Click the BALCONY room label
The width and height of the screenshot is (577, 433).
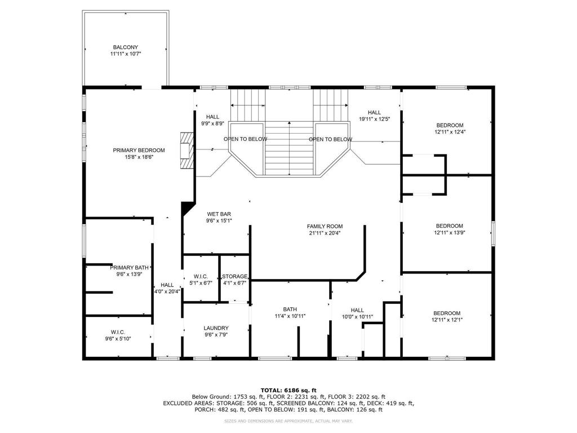pyautogui.click(x=125, y=47)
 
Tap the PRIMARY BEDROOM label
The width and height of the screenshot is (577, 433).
pyautogui.click(x=139, y=150)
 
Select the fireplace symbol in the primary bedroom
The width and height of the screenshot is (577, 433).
pyautogui.click(x=187, y=150)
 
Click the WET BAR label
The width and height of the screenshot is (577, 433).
pyautogui.click(x=219, y=214)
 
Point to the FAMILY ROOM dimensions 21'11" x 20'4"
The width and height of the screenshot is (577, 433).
pyautogui.click(x=325, y=233)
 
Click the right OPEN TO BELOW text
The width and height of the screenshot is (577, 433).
pyautogui.click(x=330, y=139)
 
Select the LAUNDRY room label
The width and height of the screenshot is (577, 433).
pyautogui.click(x=216, y=328)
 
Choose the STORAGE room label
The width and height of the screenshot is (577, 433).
pyautogui.click(x=234, y=276)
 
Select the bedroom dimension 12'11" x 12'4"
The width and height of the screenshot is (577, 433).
pyautogui.click(x=449, y=132)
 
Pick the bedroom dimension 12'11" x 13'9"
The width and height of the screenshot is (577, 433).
pyautogui.click(x=449, y=232)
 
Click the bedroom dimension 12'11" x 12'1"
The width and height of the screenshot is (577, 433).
pyautogui.click(x=446, y=320)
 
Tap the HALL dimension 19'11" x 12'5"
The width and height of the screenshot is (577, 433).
pyautogui.click(x=374, y=119)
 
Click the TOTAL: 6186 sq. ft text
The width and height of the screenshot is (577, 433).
pyautogui.click(x=288, y=390)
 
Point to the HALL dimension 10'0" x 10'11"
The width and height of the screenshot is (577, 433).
pyautogui.click(x=357, y=316)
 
